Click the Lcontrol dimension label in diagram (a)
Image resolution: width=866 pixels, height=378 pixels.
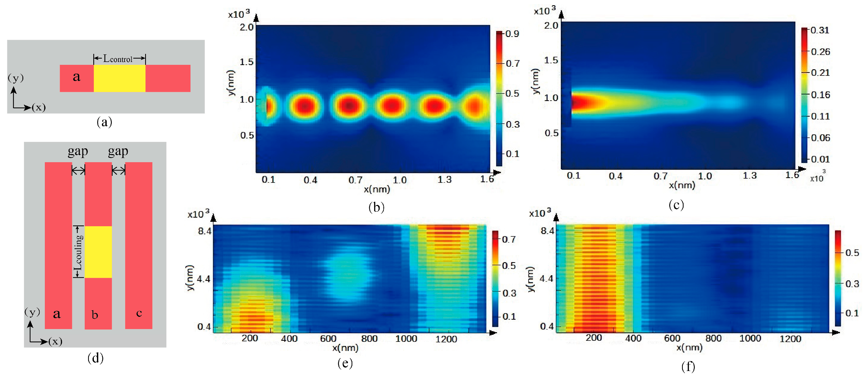coord(118,59)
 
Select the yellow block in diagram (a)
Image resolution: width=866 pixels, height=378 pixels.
coord(119,78)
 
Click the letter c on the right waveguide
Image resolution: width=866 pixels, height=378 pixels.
coord(139,313)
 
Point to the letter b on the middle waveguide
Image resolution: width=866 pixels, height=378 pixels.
coord(95,315)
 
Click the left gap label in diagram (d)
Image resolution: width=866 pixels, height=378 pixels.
coord(78,152)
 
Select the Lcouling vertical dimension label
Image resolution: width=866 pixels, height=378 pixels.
coord(78,252)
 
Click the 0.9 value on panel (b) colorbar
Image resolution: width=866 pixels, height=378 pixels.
coord(512,34)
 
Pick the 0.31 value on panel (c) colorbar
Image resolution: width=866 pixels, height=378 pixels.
coord(820,30)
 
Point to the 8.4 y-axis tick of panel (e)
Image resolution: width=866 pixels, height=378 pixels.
coord(204,231)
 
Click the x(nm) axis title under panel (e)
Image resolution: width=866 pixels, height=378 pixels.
coord(345,348)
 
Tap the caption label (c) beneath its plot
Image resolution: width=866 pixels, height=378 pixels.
coord(676,205)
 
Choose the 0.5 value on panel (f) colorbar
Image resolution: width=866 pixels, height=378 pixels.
coord(852,253)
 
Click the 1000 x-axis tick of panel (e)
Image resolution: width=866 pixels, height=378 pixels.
coord(406,339)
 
